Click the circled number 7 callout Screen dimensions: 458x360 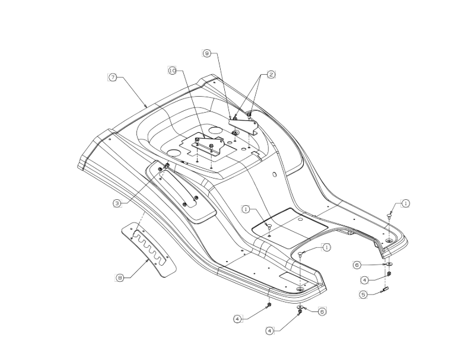click(x=113, y=77)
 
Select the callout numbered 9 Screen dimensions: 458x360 click(x=207, y=53)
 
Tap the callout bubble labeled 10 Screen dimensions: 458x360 click(x=173, y=71)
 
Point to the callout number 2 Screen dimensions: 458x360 click(x=271, y=75)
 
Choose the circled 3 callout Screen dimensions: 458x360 click(x=117, y=203)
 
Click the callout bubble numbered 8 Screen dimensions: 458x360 click(x=120, y=278)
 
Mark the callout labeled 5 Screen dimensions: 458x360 click(x=363, y=294)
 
